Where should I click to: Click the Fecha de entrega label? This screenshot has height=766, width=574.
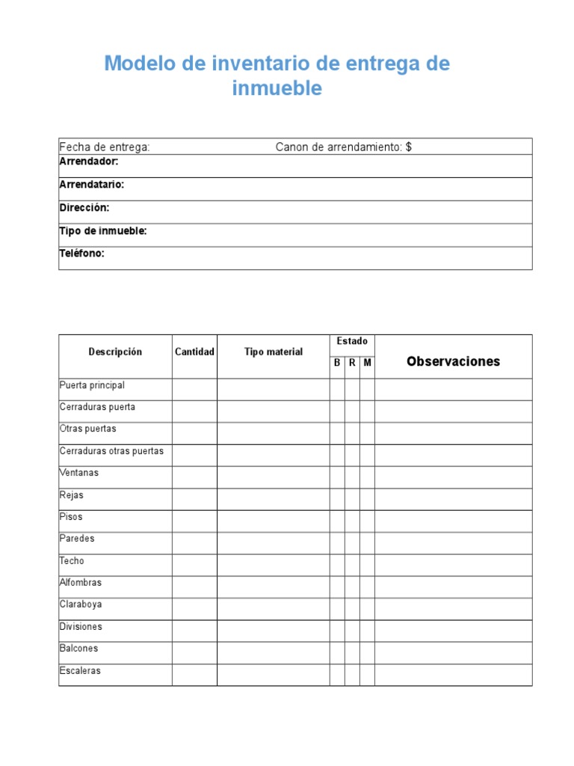pyautogui.click(x=105, y=147)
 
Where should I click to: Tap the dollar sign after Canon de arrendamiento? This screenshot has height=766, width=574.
pyautogui.click(x=409, y=147)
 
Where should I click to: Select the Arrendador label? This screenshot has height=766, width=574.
pyautogui.click(x=88, y=162)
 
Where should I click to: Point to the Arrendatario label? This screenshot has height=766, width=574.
pyautogui.click(x=91, y=185)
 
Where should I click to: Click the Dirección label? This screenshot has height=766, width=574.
pyautogui.click(x=84, y=208)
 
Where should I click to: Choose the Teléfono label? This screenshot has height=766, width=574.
pyautogui.click(x=81, y=254)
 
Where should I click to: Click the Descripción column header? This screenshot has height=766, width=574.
pyautogui.click(x=115, y=352)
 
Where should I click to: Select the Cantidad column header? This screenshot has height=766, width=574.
pyautogui.click(x=194, y=352)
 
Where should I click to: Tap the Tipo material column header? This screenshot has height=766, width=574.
pyautogui.click(x=274, y=352)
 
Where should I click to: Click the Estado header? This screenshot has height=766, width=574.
pyautogui.click(x=352, y=341)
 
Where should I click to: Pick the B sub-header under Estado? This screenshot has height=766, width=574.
pyautogui.click(x=337, y=363)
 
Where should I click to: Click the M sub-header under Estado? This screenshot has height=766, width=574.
pyautogui.click(x=367, y=363)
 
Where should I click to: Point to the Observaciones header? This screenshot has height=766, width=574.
pyautogui.click(x=454, y=362)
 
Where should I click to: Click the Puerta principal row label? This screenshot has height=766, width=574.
pyautogui.click(x=92, y=385)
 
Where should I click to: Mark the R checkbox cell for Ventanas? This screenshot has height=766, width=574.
pyautogui.click(x=352, y=477)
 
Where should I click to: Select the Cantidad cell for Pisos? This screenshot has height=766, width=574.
pyautogui.click(x=194, y=521)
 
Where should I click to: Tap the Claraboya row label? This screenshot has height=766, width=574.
pyautogui.click(x=81, y=604)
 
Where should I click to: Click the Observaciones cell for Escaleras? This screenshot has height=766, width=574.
pyautogui.click(x=454, y=675)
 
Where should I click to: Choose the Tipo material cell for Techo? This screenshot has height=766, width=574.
pyautogui.click(x=274, y=565)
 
